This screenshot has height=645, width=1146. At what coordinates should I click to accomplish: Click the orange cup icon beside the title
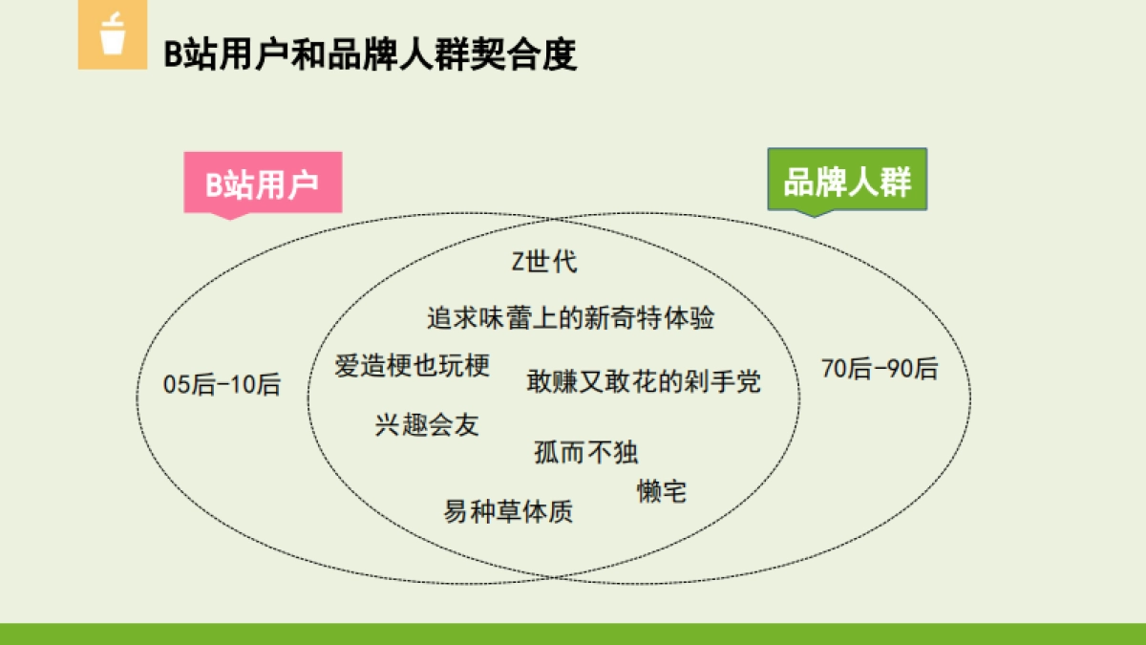pyautogui.click(x=113, y=35)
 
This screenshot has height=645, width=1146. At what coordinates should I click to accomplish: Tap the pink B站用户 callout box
pyautogui.click(x=263, y=183)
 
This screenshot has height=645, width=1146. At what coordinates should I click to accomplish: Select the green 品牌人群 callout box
pyautogui.click(x=847, y=180)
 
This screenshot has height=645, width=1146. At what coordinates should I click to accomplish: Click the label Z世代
pyautogui.click(x=544, y=261)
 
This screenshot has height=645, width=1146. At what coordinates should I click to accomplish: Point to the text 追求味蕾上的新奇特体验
pyautogui.click(x=570, y=318)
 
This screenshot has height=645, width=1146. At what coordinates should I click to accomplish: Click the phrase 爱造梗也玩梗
pyautogui.click(x=413, y=365)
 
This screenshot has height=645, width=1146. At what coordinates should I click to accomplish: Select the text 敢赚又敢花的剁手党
pyautogui.click(x=644, y=381)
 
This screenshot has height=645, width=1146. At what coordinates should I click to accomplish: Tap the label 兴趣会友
pyautogui.click(x=427, y=424)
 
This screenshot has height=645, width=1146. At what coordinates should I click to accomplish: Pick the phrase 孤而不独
pyautogui.click(x=585, y=452)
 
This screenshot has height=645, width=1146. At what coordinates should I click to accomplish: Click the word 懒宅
pyautogui.click(x=662, y=492)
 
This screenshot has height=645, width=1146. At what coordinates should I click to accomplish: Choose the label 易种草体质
pyautogui.click(x=508, y=512)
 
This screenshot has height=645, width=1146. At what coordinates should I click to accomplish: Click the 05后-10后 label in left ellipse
pyautogui.click(x=223, y=385)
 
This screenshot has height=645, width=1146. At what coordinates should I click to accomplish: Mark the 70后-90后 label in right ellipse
pyautogui.click(x=880, y=369)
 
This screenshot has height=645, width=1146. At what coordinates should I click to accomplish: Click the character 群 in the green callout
pyautogui.click(x=895, y=181)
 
